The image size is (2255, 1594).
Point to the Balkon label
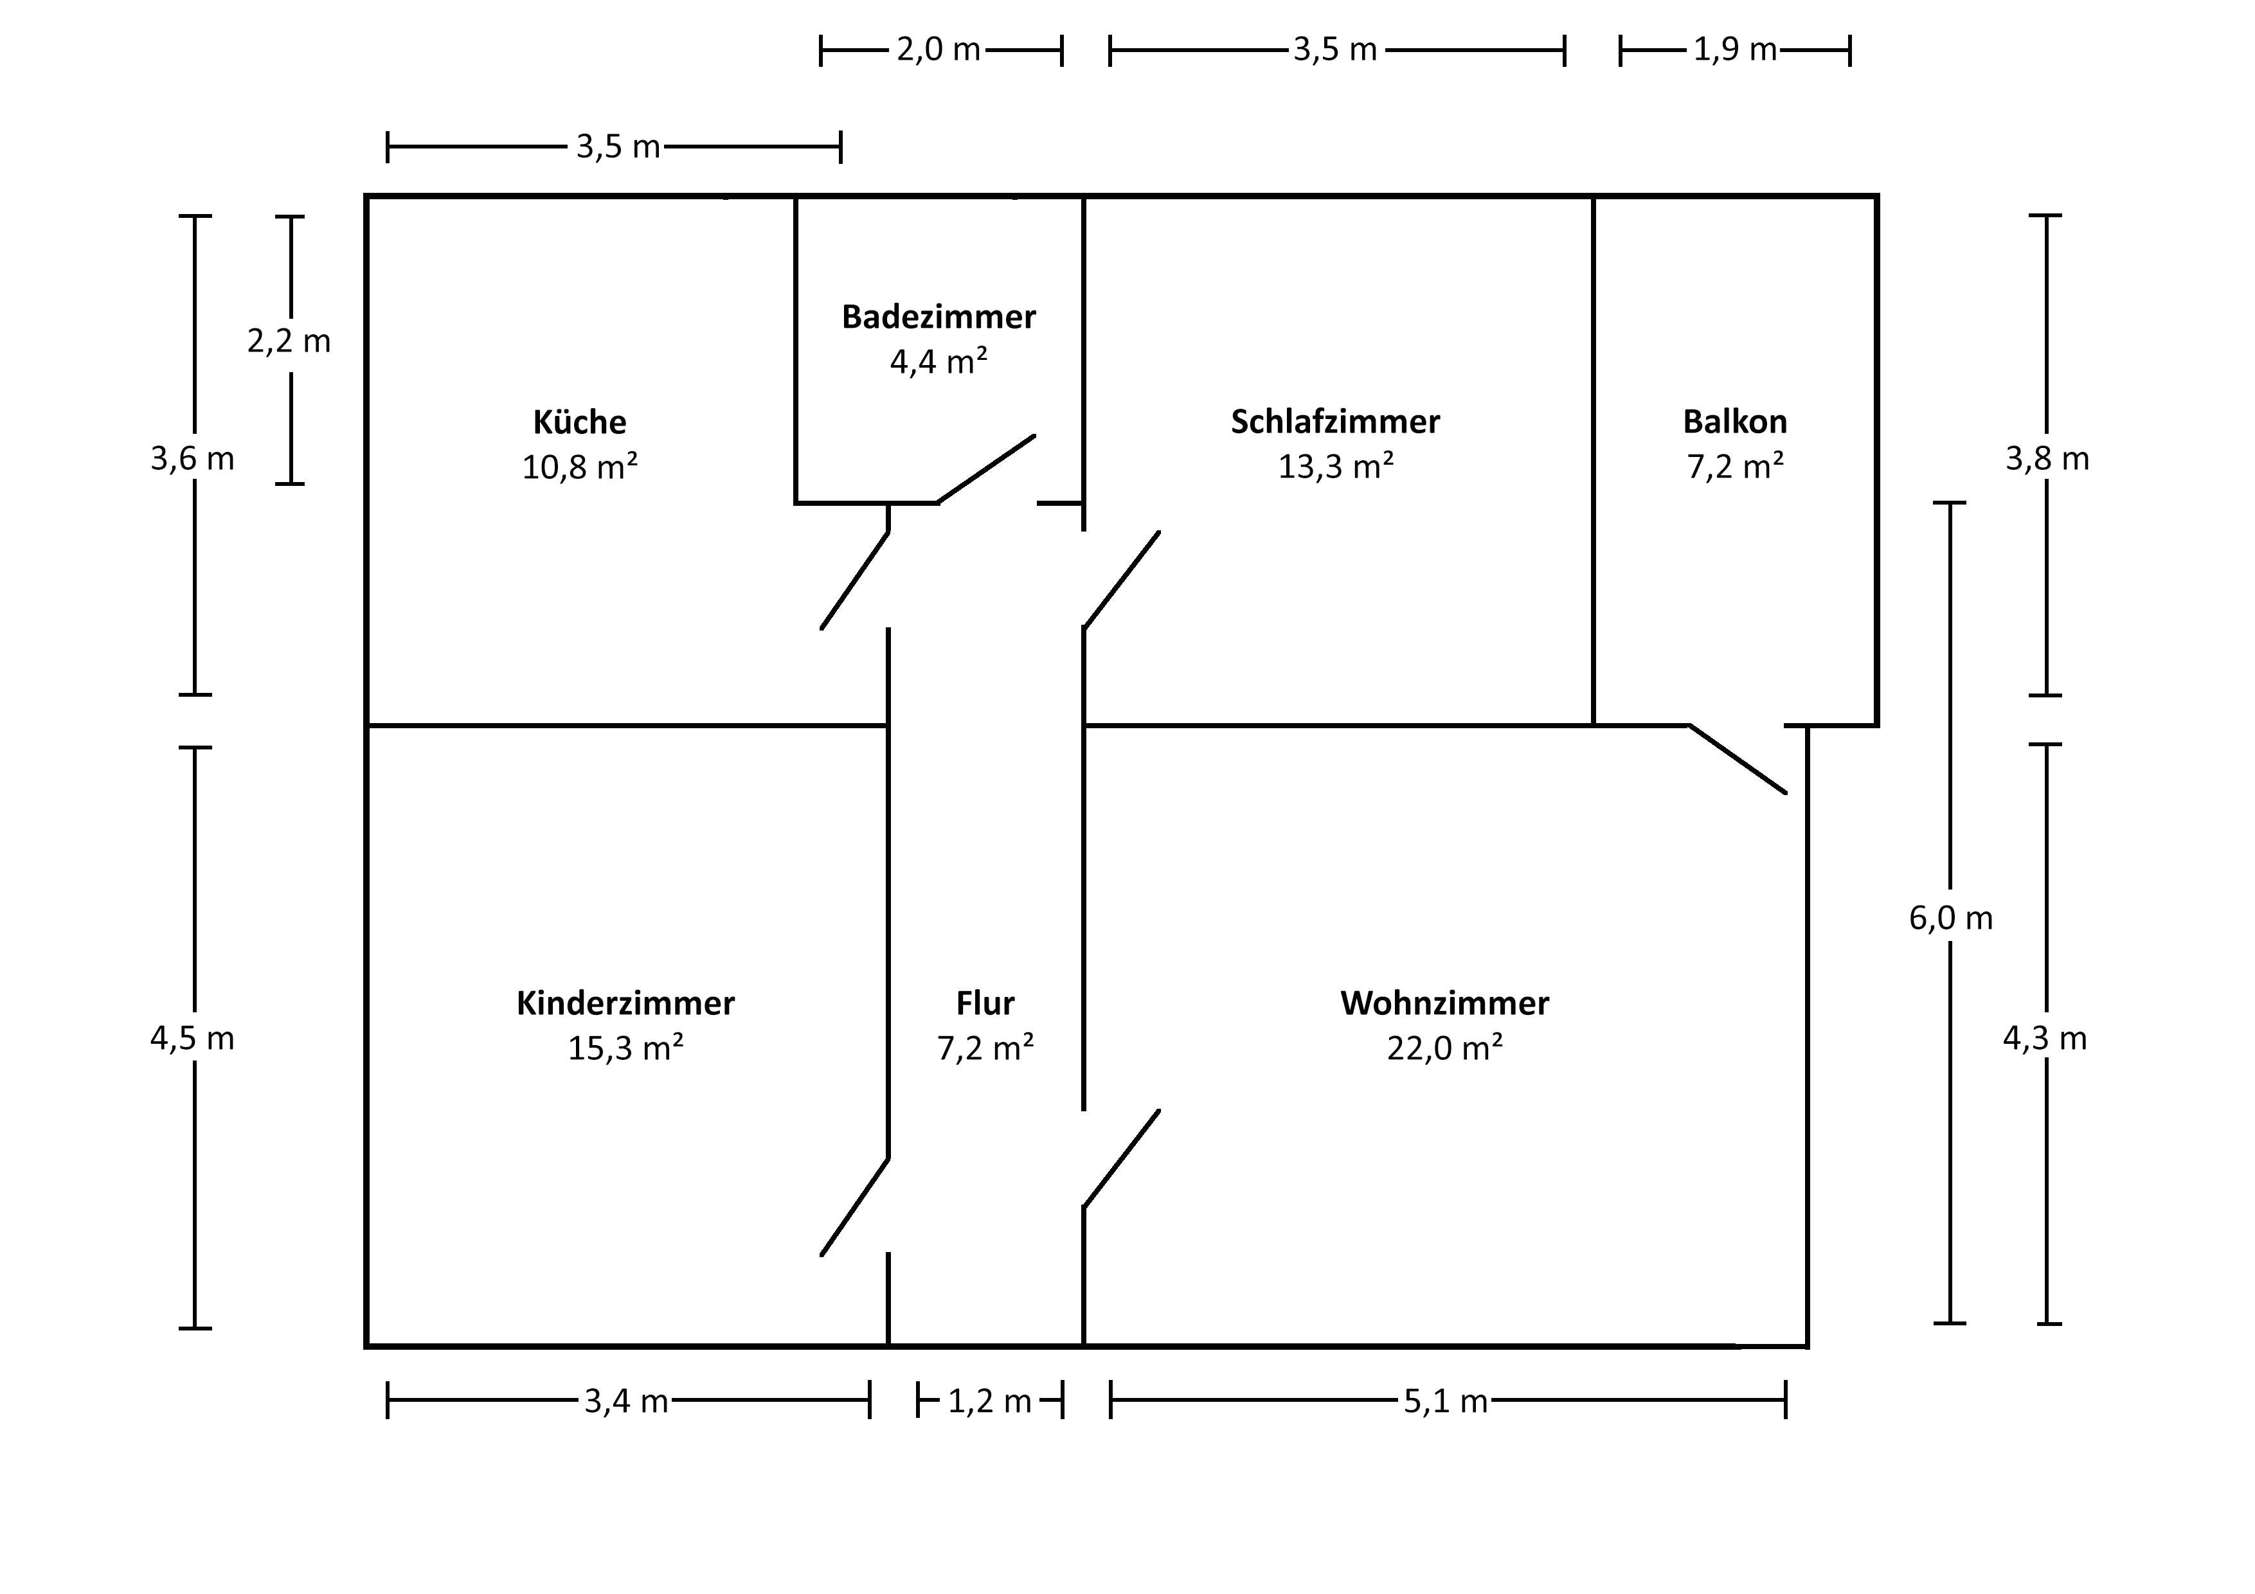point(1734,422)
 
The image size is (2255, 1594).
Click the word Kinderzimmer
point(625,1004)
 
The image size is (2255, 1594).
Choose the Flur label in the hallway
point(985,1004)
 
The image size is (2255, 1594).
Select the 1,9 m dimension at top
point(1734,49)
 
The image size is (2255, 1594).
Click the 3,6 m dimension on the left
point(192,459)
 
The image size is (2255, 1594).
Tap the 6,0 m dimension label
point(1950,918)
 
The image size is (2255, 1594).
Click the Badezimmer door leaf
point(986,469)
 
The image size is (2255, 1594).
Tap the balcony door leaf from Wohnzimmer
point(1738,759)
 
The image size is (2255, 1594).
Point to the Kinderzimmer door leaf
point(854,1207)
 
